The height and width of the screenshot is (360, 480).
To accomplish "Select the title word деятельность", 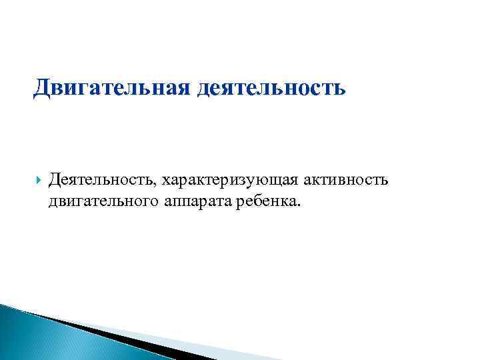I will (x=271, y=87).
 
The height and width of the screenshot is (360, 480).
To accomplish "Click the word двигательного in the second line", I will (x=100, y=201).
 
